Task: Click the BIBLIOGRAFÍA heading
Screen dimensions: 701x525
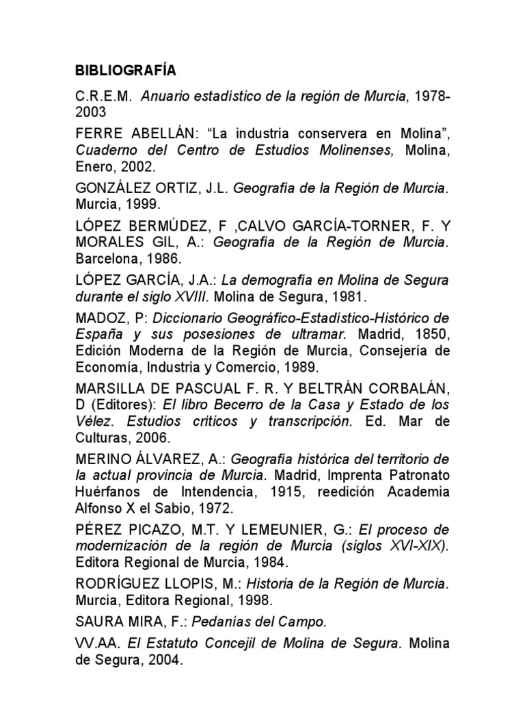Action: (125, 71)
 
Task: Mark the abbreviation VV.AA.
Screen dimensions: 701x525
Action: (96, 643)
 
